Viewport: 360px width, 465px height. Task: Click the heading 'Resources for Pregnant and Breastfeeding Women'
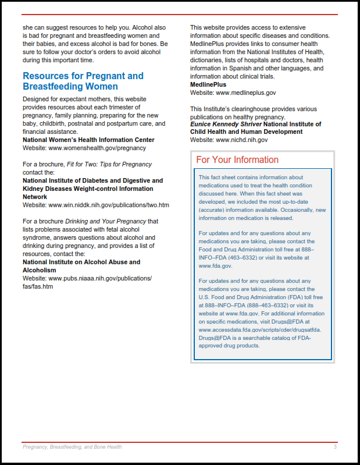(83, 81)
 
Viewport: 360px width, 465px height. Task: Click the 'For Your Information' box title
(237, 159)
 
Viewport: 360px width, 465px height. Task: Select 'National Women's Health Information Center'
(88, 140)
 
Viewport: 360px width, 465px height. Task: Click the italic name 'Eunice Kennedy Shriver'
(226, 124)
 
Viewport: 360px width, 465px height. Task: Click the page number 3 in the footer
(335, 447)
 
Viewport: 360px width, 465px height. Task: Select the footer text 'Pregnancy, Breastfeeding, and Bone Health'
(72, 447)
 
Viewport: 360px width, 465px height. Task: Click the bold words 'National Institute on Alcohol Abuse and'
(81, 262)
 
